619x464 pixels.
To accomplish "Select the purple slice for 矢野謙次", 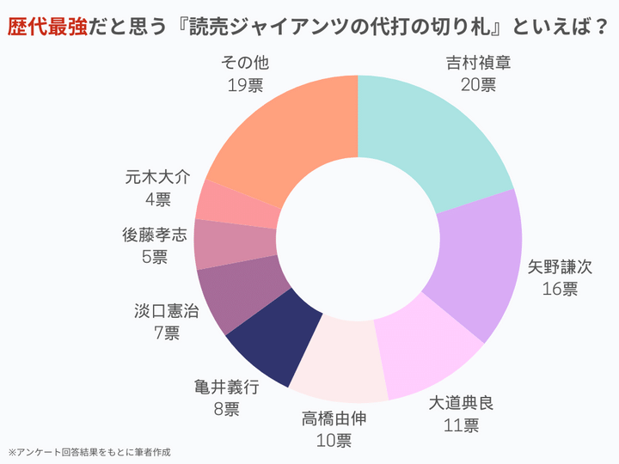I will coord(478,266).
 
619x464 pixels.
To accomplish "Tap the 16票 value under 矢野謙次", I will coord(560,289).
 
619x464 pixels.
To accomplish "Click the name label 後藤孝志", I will coord(155,234).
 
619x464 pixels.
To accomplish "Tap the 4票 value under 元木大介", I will coord(157,199).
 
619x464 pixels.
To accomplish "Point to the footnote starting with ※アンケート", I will coord(89,451).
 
